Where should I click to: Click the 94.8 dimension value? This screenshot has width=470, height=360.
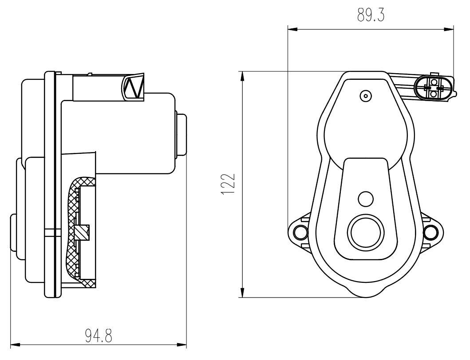click(x=99, y=336)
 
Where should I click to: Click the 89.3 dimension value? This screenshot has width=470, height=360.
click(x=371, y=15)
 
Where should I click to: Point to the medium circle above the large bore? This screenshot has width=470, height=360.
click(x=366, y=199)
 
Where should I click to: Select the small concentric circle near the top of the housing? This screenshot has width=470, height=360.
click(x=366, y=96)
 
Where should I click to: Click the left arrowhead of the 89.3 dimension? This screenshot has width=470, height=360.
click(x=292, y=29)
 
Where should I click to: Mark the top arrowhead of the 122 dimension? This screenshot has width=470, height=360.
click(x=242, y=77)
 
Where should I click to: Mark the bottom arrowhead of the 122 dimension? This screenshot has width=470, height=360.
click(x=242, y=293)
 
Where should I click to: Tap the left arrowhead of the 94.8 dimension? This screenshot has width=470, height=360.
click(x=16, y=344)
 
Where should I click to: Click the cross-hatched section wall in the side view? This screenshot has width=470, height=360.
click(x=75, y=231)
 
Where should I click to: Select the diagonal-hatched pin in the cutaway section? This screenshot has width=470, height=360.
click(x=82, y=232)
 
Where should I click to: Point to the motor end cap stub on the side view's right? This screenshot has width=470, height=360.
click(x=182, y=134)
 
